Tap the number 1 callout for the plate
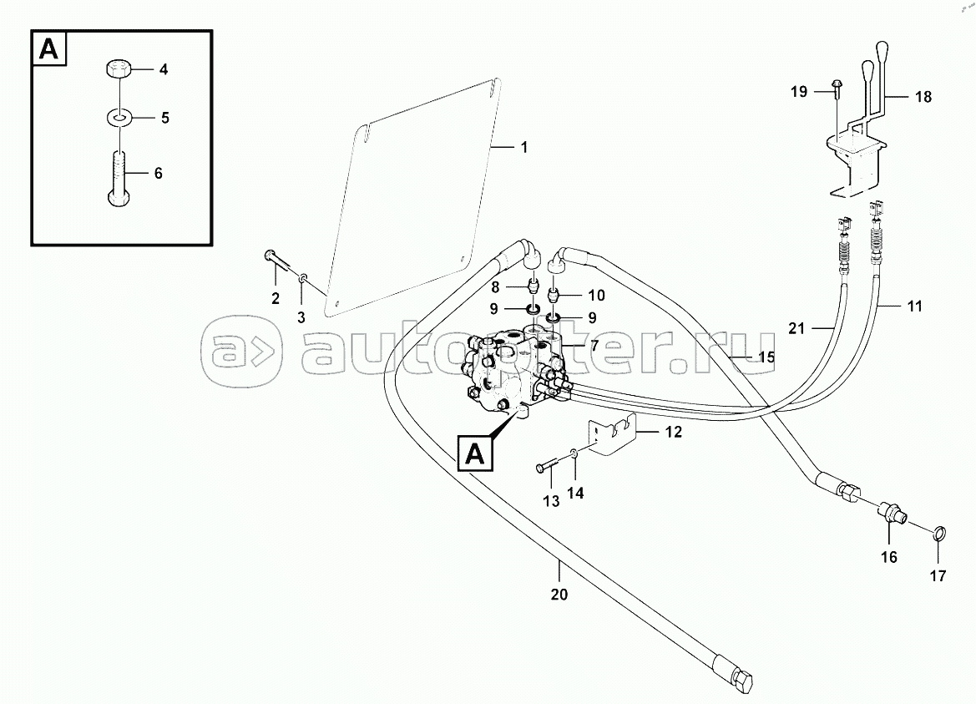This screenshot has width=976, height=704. [523, 148]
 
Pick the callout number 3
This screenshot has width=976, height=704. [301, 317]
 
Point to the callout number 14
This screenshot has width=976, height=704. [575, 493]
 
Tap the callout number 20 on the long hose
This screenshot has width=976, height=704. [559, 595]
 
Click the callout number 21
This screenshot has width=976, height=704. [796, 329]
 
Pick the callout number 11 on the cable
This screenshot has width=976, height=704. [914, 306]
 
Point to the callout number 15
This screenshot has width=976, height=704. [766, 357]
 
